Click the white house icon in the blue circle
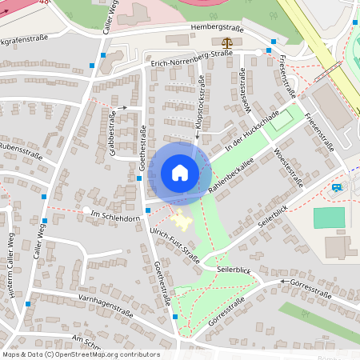point(180,173)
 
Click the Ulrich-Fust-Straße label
point(174,242)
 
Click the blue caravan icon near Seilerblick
point(337,188)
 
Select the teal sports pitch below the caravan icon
point(328,218)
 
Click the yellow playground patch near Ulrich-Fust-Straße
point(181,219)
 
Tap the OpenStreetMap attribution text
point(80,354)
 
